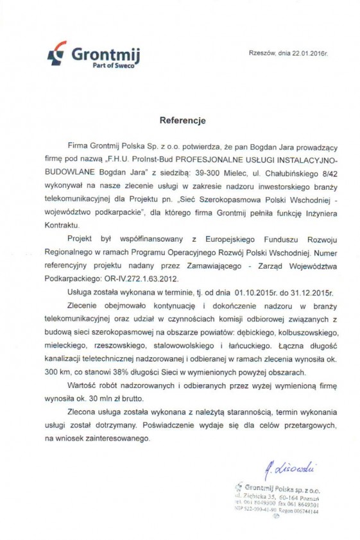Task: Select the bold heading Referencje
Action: click(183, 120)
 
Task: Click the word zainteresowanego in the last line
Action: click(120, 439)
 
